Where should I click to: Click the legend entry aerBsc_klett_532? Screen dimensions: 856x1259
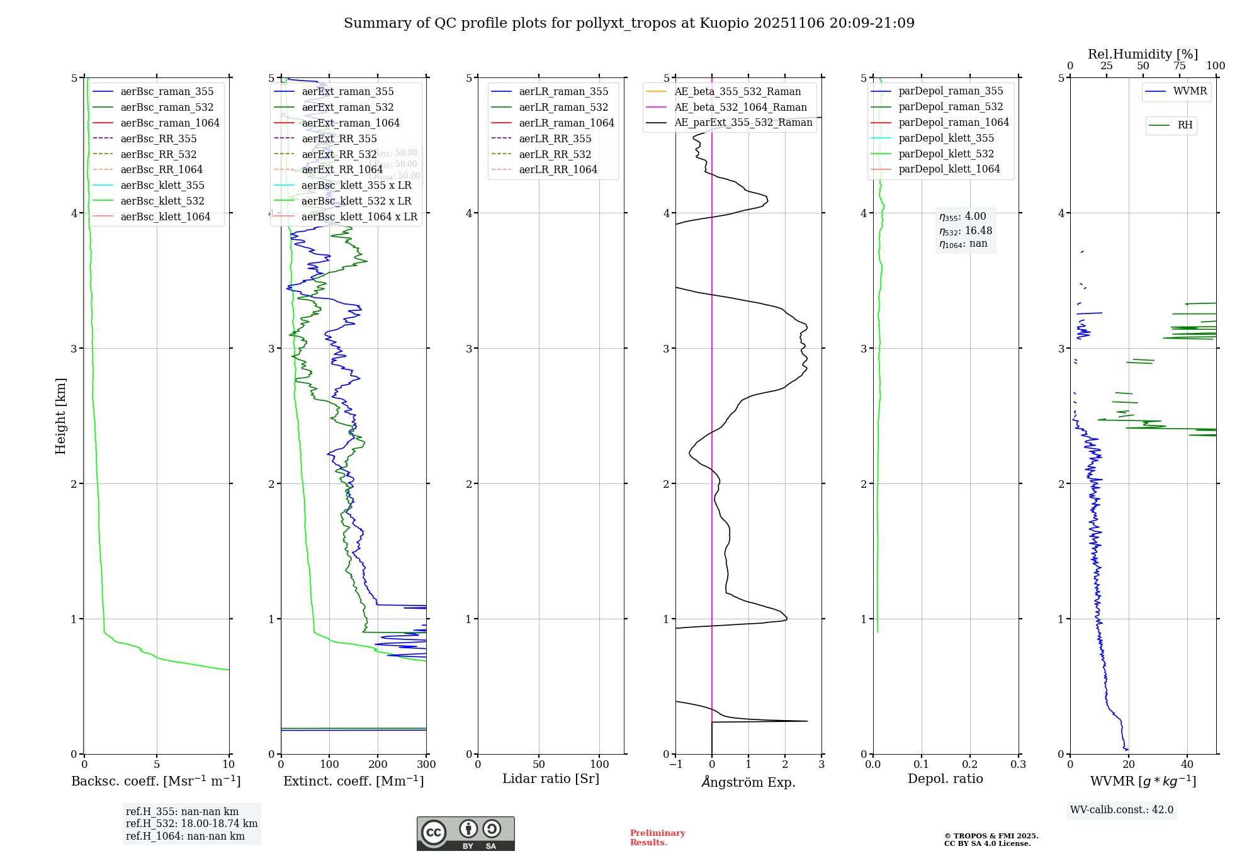[x=162, y=201]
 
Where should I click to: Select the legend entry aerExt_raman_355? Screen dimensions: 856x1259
[x=347, y=92]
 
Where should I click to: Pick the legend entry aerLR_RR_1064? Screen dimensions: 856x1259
[x=558, y=170]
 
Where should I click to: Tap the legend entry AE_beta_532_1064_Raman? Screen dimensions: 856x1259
[x=740, y=108]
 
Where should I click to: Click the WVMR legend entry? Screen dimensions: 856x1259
[x=1190, y=92]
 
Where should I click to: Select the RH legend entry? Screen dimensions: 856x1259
[x=1185, y=125]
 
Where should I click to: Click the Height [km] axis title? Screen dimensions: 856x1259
[x=60, y=416]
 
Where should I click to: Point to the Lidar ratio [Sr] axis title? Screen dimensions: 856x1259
[x=551, y=779]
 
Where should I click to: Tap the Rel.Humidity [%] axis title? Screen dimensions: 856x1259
[x=1143, y=54]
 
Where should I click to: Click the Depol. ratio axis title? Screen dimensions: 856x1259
[x=945, y=779]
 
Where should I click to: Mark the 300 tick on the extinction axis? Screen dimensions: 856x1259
[x=426, y=765]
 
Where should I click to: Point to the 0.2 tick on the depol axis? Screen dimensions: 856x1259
[x=970, y=765]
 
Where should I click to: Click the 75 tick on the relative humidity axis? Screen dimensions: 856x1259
[x=1180, y=66]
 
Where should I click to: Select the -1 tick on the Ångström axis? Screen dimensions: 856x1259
[x=675, y=765]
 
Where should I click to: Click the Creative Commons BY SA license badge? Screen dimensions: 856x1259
[x=465, y=834]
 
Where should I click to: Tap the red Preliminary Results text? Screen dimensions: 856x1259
[x=657, y=838]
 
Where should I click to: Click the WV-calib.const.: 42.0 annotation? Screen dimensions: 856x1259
[x=1122, y=810]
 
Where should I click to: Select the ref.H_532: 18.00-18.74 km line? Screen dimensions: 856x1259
[x=191, y=824]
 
